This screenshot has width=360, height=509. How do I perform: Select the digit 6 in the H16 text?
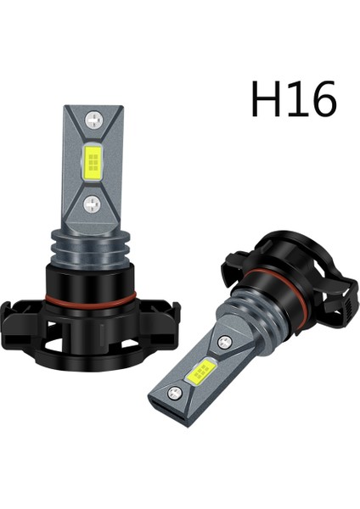pyautogui.click(x=323, y=101)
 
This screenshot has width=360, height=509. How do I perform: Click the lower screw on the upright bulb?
pyautogui.click(x=91, y=201)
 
